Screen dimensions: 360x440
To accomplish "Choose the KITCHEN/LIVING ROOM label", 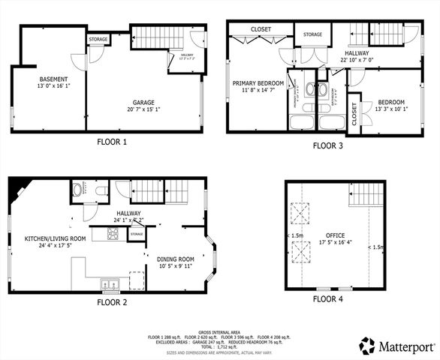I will (55, 238).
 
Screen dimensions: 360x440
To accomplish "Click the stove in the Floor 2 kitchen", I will (113, 233).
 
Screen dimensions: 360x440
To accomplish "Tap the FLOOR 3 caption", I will (328, 146).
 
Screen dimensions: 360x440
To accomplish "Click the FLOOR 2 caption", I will (111, 302).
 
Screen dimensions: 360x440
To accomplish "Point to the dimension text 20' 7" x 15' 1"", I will (145, 109).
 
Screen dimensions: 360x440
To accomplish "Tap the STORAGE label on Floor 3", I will (312, 34).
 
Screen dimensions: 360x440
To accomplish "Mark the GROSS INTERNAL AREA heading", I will (220, 331).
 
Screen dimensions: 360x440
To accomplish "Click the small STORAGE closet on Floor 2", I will (137, 235).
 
